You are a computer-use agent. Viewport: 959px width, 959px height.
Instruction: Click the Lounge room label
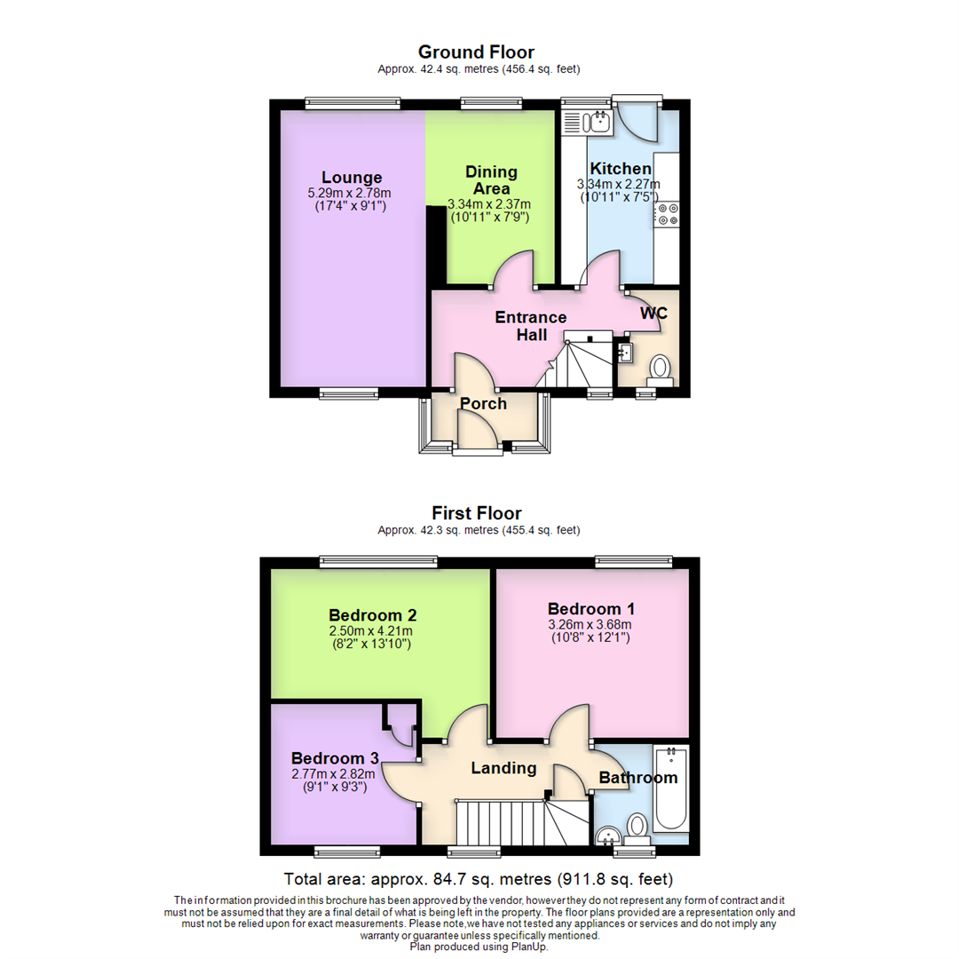tap(352, 177)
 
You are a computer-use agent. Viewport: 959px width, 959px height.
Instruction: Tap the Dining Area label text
tap(491, 179)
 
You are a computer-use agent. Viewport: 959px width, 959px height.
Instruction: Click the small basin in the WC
tap(625, 353)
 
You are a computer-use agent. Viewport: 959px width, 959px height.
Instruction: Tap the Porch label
tap(483, 404)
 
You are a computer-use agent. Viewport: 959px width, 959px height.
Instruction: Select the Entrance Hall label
tap(530, 326)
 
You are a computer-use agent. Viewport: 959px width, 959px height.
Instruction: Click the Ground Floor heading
tap(476, 52)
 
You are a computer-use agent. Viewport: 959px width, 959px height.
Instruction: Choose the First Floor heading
tap(476, 513)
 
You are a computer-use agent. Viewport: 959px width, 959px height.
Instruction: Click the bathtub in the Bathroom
tap(670, 790)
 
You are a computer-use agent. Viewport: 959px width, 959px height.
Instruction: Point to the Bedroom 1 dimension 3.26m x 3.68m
tap(590, 624)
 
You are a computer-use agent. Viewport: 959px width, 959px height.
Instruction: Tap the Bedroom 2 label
tap(373, 614)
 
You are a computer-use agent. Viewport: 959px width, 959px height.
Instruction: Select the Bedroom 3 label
tap(335, 758)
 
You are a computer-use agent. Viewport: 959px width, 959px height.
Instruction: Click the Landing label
tap(503, 768)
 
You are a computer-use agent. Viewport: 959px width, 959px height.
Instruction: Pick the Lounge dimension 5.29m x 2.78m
tap(352, 193)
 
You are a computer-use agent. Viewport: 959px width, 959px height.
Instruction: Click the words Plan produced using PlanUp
tap(479, 947)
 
